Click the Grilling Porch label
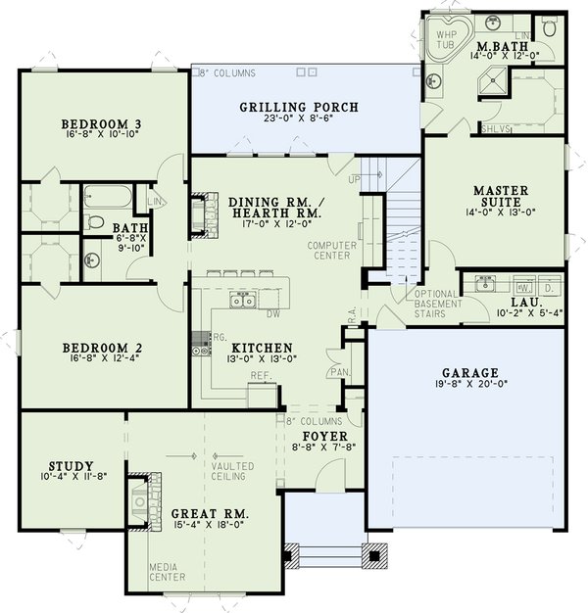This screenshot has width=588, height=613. tap(299, 107)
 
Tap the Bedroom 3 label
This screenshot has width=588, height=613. tap(101, 123)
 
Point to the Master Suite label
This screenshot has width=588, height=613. tap(501, 190)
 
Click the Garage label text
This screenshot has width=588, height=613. tap(469, 372)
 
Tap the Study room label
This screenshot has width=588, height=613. tap(70, 465)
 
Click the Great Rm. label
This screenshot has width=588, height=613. tap(210, 513)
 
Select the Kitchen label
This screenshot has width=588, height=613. tap(262, 348)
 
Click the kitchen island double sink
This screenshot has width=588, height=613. tap(241, 300)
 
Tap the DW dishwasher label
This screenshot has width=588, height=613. tap(274, 315)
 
